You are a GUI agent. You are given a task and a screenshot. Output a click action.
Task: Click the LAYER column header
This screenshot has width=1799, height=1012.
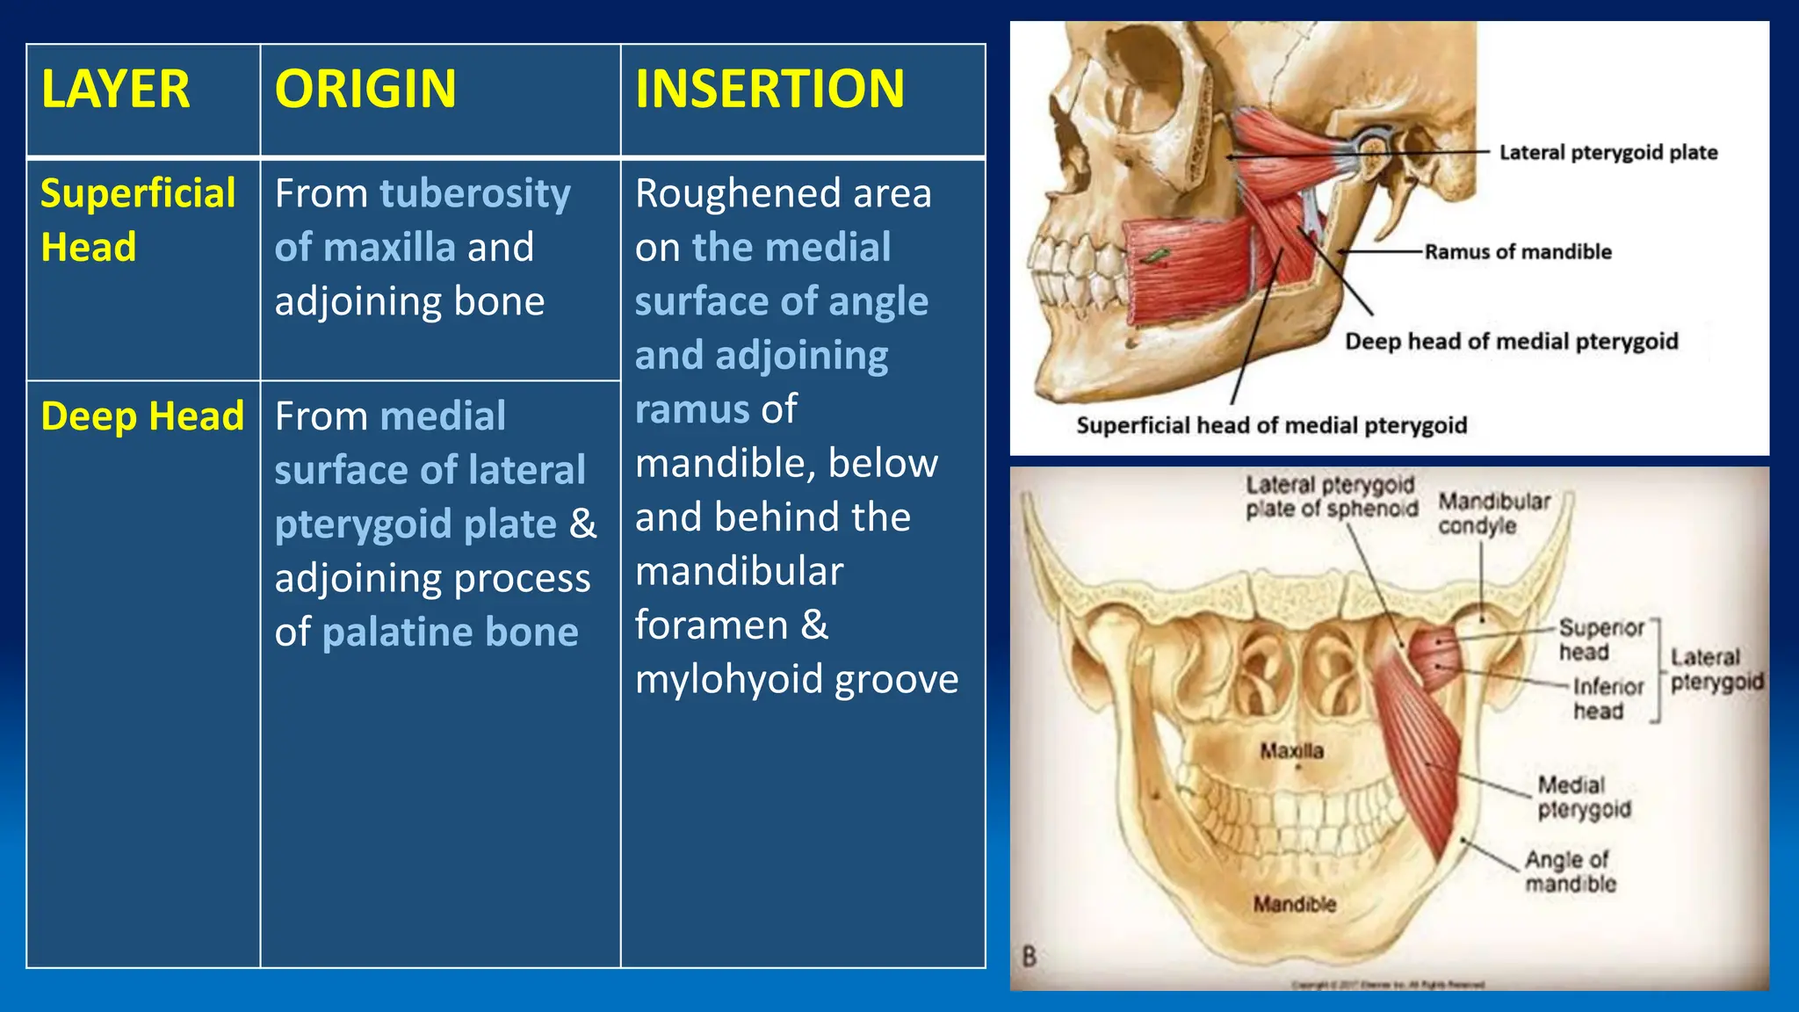[x=115, y=89]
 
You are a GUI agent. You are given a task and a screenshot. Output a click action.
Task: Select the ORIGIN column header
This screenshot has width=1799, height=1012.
[x=365, y=89]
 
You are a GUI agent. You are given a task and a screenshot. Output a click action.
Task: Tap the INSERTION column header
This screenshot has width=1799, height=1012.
[x=769, y=89]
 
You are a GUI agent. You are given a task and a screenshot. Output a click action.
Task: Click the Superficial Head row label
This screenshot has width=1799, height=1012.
[x=137, y=220]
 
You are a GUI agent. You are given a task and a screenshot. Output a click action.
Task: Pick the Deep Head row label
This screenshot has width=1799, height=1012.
[x=142, y=416]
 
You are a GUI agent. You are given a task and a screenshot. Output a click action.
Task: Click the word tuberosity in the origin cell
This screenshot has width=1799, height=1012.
[x=475, y=194]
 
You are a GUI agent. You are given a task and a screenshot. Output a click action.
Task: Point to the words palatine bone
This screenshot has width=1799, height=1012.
[x=451, y=632]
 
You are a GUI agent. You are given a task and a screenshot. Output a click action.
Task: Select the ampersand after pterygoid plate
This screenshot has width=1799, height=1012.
[x=582, y=524]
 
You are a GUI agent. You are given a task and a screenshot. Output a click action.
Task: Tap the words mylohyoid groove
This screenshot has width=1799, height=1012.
[x=797, y=679]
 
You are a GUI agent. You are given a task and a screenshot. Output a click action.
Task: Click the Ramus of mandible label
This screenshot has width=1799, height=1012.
[x=1518, y=252]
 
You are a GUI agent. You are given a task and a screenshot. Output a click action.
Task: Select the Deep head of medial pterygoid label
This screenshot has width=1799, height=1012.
[x=1511, y=342]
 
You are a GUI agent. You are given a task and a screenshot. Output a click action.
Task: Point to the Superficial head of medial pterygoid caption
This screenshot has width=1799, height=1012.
[x=1271, y=426]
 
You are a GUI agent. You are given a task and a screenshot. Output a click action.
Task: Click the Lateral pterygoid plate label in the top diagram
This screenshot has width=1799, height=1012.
[x=1608, y=153]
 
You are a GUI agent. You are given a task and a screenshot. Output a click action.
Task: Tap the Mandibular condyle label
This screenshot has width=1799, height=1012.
[x=1493, y=514]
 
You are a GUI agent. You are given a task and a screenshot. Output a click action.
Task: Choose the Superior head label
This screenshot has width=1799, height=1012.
[x=1600, y=640]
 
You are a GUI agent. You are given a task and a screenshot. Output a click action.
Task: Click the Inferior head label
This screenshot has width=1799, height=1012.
[x=1607, y=698]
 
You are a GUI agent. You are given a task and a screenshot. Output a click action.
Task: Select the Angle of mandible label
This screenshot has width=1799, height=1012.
[x=1570, y=871]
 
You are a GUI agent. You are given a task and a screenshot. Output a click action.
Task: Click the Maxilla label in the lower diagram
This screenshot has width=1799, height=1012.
[x=1291, y=751]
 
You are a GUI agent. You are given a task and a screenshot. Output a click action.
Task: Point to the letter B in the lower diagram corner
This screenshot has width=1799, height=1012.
[x=1030, y=957]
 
